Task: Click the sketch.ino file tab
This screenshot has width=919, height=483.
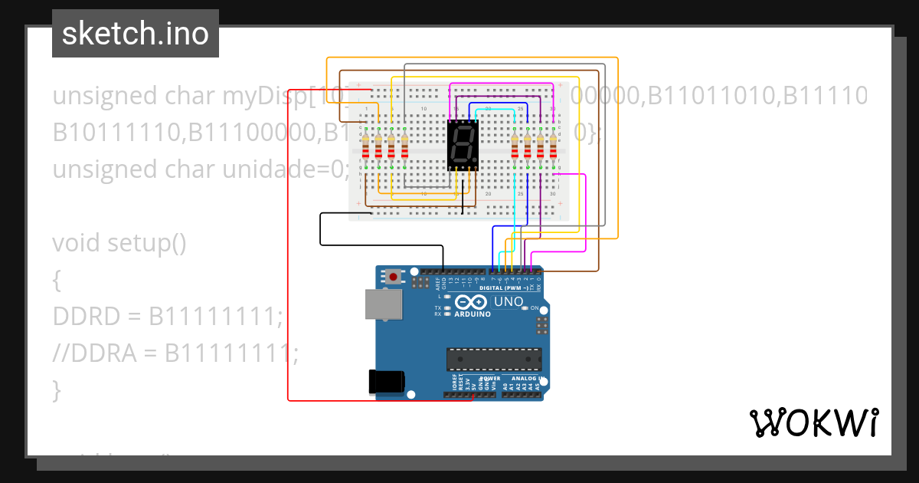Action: click(135, 34)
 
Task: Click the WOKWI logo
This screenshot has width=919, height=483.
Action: click(813, 422)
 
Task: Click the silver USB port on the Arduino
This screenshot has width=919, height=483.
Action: click(383, 304)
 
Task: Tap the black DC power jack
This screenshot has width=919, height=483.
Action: click(385, 382)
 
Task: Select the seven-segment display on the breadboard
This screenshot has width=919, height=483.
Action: click(463, 144)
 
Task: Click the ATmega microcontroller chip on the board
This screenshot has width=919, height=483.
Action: click(494, 359)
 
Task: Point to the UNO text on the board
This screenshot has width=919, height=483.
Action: click(509, 302)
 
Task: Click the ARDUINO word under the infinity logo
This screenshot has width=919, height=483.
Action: click(473, 314)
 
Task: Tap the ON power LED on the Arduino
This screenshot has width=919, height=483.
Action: click(525, 307)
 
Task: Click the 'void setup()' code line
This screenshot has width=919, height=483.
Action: click(119, 243)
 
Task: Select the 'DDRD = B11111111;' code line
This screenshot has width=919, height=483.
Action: click(167, 316)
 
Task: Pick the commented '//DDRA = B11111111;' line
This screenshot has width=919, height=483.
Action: click(175, 353)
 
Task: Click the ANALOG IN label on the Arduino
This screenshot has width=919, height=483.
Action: click(523, 379)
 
